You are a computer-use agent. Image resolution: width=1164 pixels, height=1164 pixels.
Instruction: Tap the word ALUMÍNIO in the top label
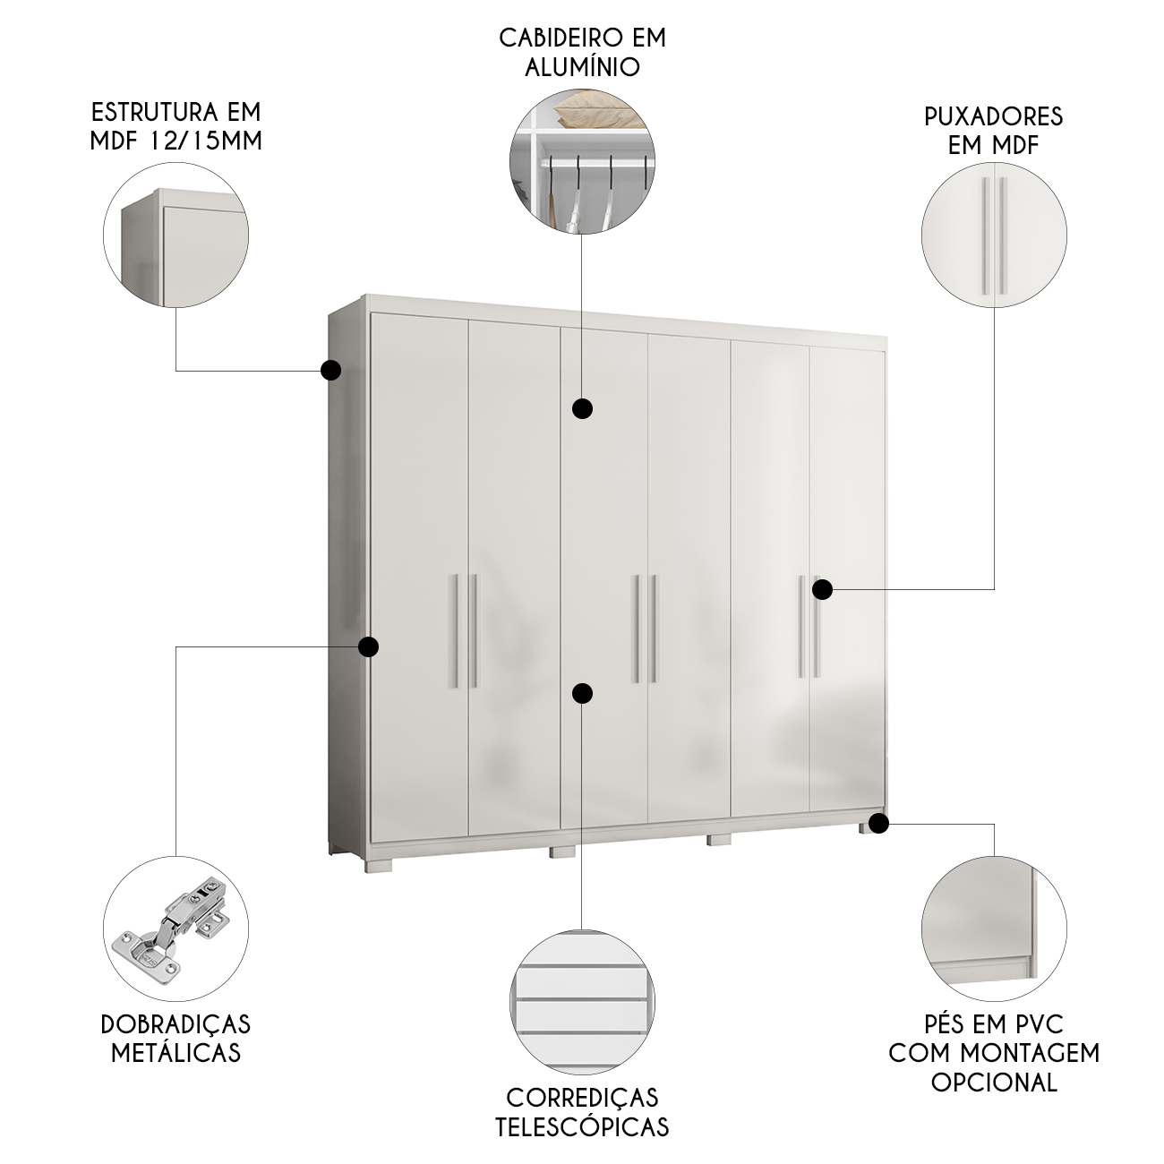(x=582, y=66)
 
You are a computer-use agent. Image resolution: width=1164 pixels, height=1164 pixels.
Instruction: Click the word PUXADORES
(x=994, y=116)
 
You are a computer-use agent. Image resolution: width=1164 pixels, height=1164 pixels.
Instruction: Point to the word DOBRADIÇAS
(x=175, y=1024)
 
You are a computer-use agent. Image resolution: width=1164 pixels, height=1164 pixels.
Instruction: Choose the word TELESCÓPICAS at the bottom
(x=582, y=1126)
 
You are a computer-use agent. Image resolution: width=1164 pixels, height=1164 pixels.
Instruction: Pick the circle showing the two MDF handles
(x=994, y=235)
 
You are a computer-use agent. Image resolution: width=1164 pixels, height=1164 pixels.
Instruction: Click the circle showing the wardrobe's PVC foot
(x=994, y=929)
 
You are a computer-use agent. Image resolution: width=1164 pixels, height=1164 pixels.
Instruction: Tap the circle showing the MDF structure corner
(x=175, y=235)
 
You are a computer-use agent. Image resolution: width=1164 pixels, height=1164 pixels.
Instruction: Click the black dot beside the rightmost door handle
(x=822, y=589)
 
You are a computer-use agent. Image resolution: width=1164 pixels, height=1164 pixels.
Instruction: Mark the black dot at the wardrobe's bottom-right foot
(x=879, y=823)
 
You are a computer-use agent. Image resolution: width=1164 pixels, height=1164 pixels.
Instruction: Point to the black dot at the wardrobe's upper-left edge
(x=330, y=371)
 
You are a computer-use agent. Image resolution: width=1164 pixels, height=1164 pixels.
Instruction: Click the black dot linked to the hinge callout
(x=369, y=647)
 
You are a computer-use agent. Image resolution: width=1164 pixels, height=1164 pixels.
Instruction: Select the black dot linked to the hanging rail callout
(x=582, y=409)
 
